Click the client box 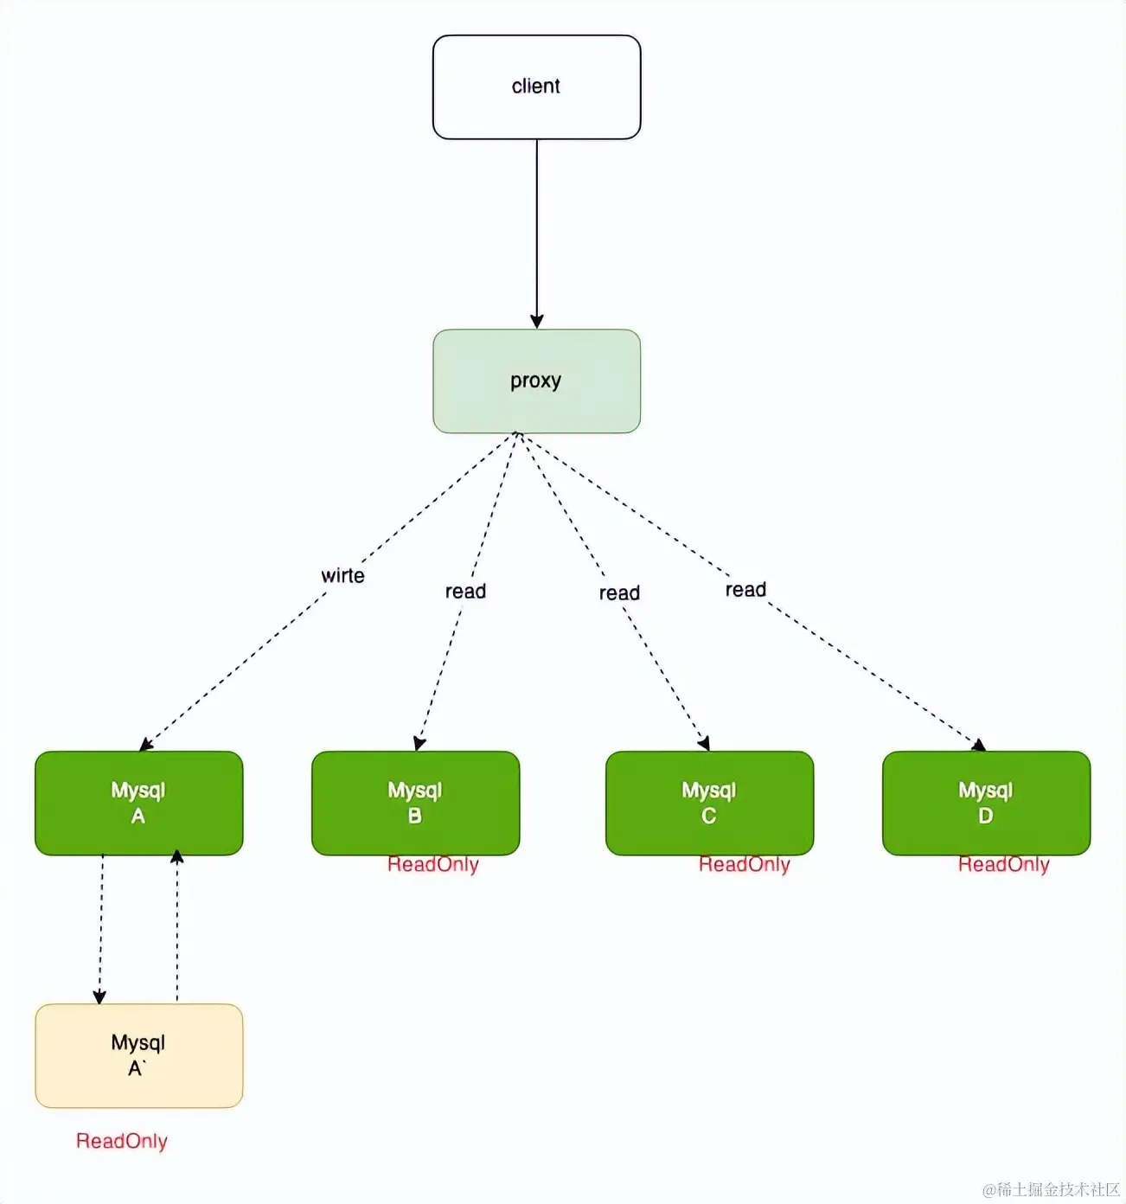pos(537,86)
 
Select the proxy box pos(537,381)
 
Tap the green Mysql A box pos(139,803)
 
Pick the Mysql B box pos(415,803)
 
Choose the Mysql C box pos(709,803)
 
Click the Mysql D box pos(986,803)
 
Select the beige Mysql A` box pos(139,1055)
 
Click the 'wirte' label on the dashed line pos(342,574)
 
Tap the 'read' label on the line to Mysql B pos(465,591)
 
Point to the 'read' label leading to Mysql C pos(619,592)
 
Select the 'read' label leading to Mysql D pos(745,589)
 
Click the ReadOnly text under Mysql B pos(433,864)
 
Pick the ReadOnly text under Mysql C pos(744,864)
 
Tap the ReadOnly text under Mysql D pos(1003,864)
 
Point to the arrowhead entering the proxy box pos(537,321)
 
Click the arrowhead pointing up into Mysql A pos(176,856)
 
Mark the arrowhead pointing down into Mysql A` pos(99,996)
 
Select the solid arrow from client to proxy pos(537,234)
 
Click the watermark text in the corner pos(1051,1188)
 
